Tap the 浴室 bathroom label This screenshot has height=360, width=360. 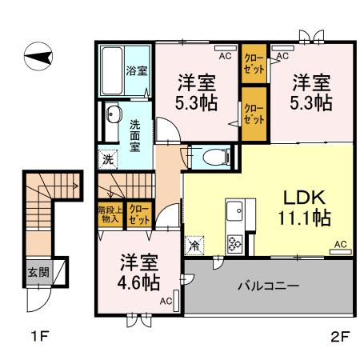point(137,70)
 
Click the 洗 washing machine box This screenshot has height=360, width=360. point(107,159)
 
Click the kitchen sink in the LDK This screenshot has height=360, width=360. point(237,212)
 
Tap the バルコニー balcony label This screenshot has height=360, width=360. point(269,286)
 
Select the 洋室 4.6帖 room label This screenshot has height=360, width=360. point(139,271)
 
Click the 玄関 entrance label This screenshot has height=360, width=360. point(37,272)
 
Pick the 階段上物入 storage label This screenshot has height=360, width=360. point(108,214)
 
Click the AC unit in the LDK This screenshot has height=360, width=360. point(339,243)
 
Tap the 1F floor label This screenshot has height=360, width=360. point(38,336)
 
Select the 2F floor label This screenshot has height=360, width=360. point(340,336)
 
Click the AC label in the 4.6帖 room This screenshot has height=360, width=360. point(165,301)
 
